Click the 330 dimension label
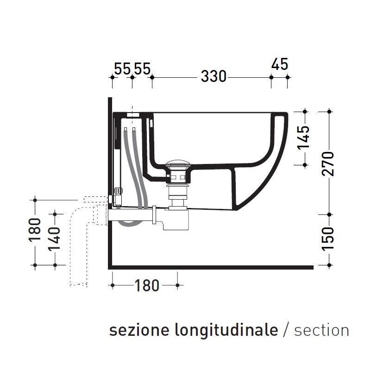[x=214, y=76]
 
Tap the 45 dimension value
[x=279, y=64]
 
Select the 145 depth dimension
[x=304, y=138]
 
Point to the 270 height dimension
[x=329, y=163]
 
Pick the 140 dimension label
[x=55, y=239]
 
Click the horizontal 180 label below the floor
[x=147, y=286]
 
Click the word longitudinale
[x=226, y=330]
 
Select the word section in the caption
[x=321, y=330]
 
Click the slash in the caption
[x=286, y=330]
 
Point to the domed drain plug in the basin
[x=178, y=163]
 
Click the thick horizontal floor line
[x=211, y=267]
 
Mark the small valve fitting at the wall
[x=118, y=190]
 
